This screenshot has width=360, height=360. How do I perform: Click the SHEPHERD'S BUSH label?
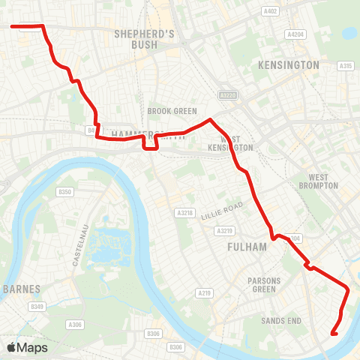click(x=145, y=39)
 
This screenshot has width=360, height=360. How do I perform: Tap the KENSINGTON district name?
click(x=288, y=65)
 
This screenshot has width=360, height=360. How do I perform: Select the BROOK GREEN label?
click(x=172, y=111)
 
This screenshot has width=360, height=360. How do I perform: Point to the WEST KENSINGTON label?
click(x=236, y=143)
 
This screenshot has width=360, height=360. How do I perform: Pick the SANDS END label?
click(x=280, y=321)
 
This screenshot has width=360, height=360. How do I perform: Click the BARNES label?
click(x=16, y=288)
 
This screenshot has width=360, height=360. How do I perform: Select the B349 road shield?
click(x=37, y=307)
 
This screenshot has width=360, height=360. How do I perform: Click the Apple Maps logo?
click(x=27, y=347)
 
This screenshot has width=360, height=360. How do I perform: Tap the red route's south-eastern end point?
click(x=333, y=333)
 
